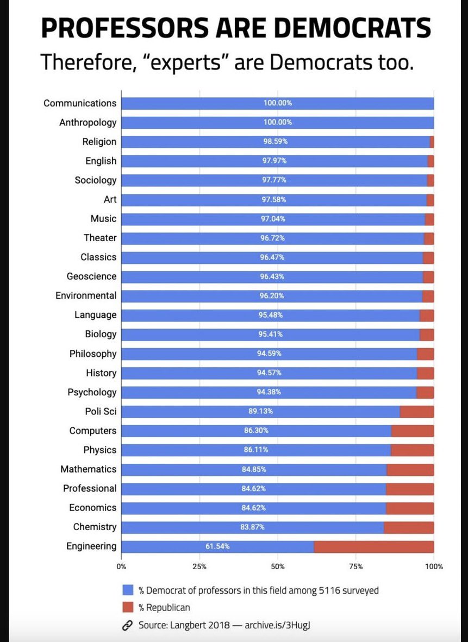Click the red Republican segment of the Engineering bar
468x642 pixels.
pos(374,546)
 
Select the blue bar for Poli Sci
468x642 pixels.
pos(261,411)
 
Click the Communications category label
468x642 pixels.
pos(80,103)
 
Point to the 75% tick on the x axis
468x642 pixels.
pos(355,567)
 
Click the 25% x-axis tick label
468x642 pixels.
pos(199,567)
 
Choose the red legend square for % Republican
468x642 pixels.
pos(128,607)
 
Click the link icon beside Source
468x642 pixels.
pos(128,625)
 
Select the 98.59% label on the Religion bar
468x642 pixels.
pos(276,142)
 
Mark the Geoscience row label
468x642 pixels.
pos(91,276)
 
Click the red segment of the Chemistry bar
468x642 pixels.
pos(409,527)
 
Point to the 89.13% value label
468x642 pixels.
pos(261,411)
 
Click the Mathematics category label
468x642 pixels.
pos(88,469)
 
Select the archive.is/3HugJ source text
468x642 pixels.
pos(277,625)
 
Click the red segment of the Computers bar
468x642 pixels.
pos(413,431)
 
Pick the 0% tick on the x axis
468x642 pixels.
pos(121,567)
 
